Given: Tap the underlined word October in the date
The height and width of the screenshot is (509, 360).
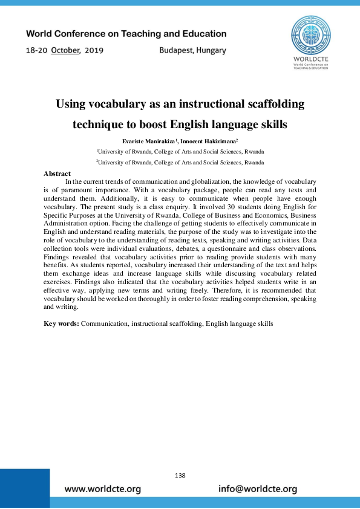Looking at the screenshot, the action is point(65,50).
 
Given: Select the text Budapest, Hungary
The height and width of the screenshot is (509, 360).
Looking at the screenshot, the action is point(192,50).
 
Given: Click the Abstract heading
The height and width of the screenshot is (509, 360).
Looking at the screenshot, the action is point(57,173).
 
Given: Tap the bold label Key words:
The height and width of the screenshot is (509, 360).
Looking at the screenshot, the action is point(62,323).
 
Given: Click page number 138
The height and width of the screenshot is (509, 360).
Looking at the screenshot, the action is point(180,476).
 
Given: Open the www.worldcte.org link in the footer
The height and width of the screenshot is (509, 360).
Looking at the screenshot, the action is point(103,488).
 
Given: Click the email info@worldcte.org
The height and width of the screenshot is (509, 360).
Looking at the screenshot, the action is point(258,488).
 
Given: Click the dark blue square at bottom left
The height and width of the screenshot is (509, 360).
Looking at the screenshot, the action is point(25,488).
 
